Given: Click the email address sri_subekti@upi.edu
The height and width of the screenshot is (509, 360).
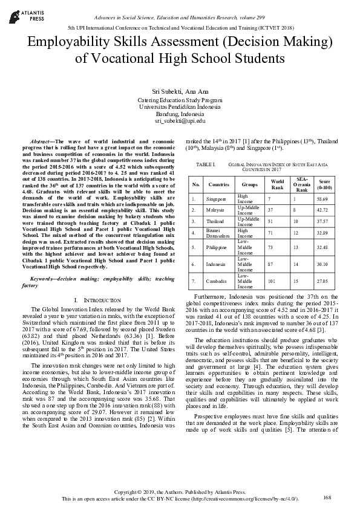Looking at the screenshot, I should pos(180,121).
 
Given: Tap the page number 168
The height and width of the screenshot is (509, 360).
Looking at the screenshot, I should pos(327,497).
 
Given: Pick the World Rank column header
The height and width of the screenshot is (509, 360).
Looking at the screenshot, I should pos(277,184).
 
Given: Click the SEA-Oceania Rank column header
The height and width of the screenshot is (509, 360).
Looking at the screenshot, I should pos(302,184).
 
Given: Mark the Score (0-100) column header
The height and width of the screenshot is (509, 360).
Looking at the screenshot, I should pos(324,184).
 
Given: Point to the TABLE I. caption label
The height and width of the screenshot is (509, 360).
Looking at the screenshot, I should pos(205,164).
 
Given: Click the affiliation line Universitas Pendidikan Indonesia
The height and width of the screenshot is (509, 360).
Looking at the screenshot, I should pos(180,106).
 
